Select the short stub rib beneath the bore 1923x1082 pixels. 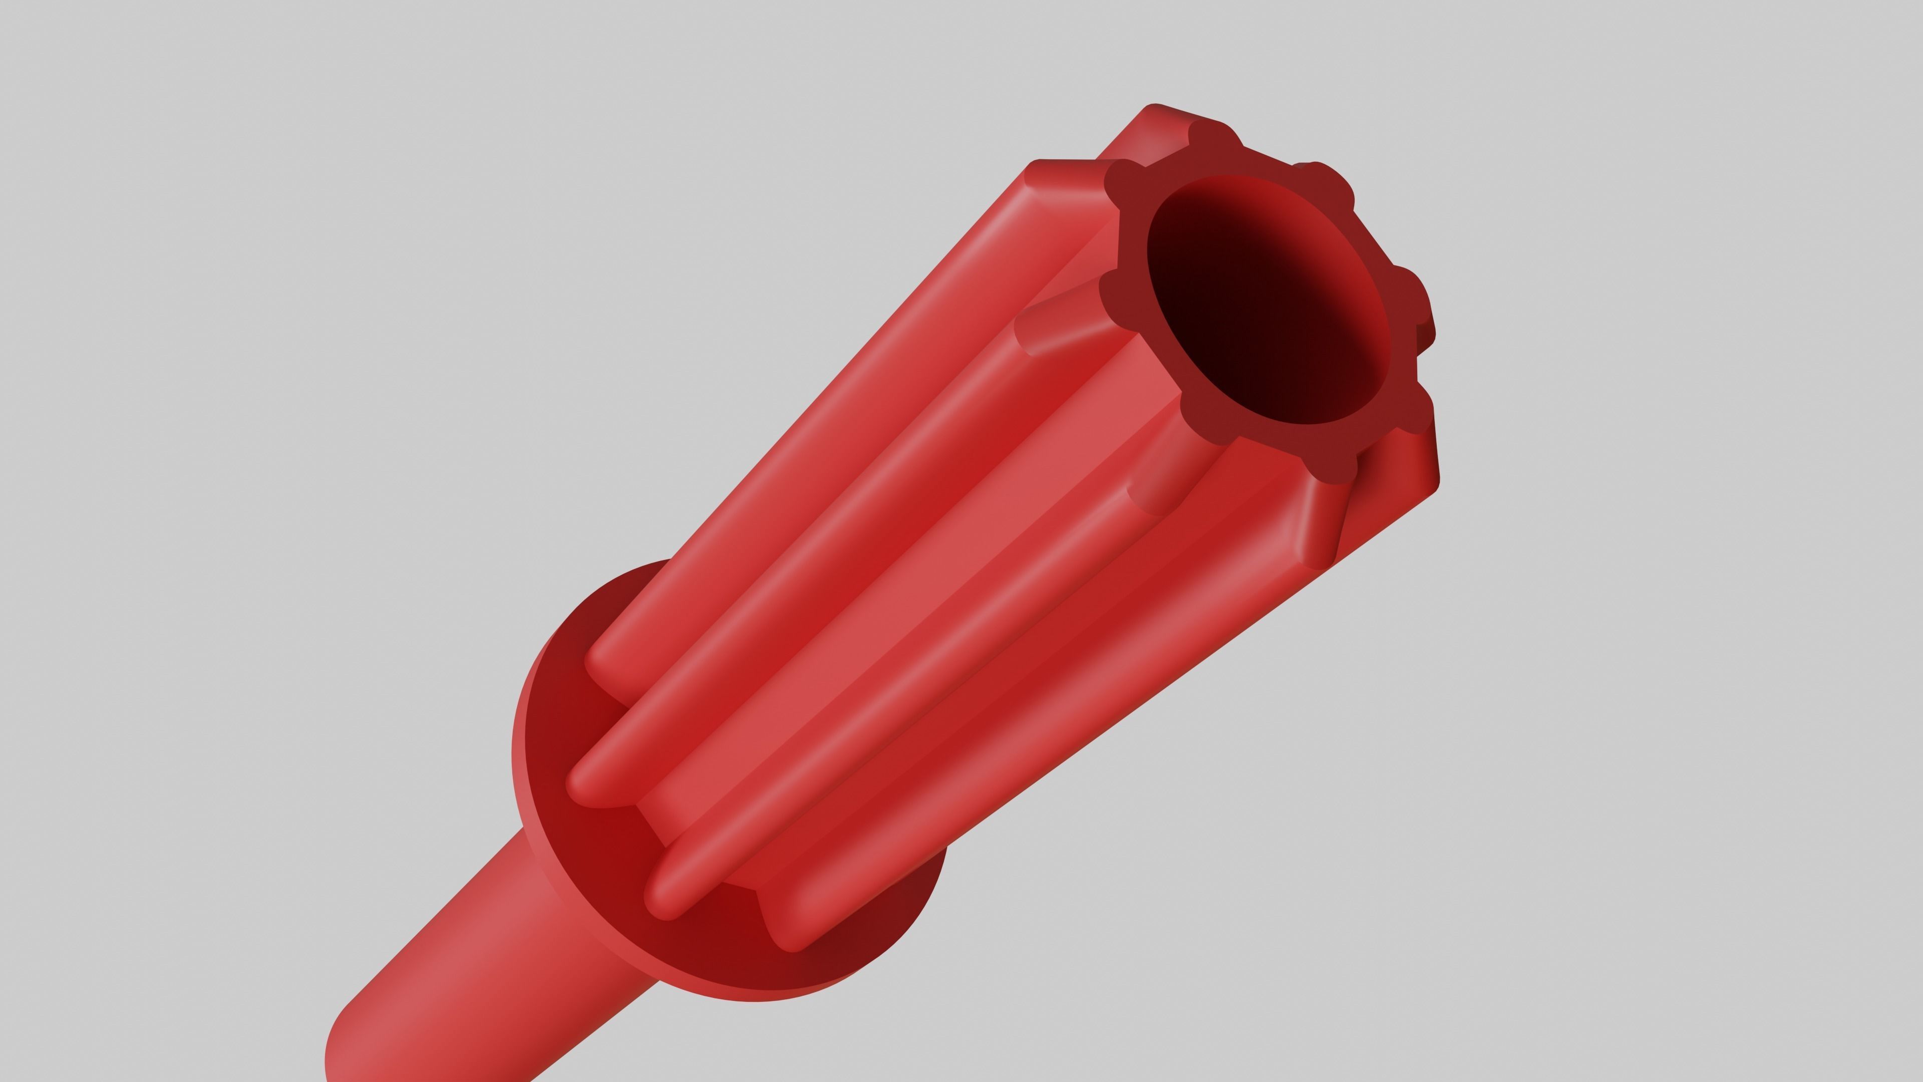(1164, 478)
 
